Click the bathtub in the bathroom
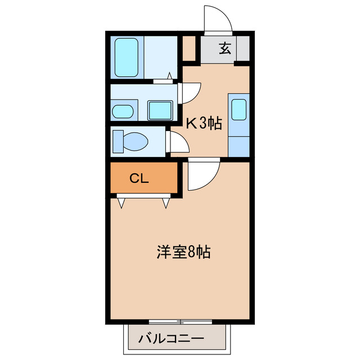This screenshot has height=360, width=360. tap(128, 57)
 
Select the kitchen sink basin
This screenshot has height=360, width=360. tap(239, 109)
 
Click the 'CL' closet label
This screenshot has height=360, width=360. tap(139, 179)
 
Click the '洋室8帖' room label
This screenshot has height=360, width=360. tap(183, 251)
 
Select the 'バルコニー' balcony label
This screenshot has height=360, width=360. tap(171, 339)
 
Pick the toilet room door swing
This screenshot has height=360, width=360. tap(179, 144)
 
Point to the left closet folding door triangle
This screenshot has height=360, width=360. tap(121, 202)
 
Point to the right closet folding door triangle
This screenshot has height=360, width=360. tap(165, 202)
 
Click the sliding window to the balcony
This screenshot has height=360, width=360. tap(181, 322)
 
